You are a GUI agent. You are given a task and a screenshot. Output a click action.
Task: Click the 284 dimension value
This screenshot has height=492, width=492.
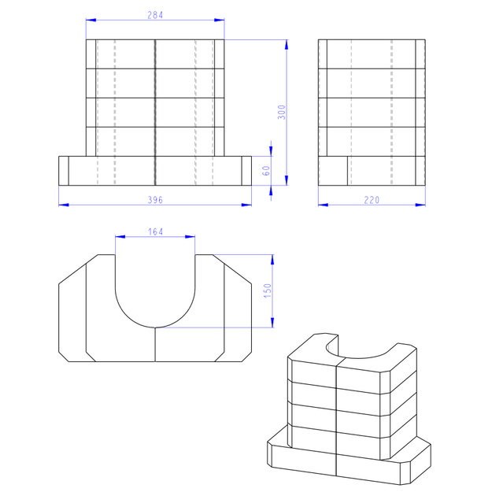(155, 15)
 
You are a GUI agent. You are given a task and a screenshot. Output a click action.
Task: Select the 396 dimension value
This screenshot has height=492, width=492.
(155, 200)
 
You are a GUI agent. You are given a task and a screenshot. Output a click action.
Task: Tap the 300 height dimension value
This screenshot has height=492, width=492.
(282, 113)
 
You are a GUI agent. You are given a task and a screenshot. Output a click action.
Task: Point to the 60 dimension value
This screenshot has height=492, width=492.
(266, 171)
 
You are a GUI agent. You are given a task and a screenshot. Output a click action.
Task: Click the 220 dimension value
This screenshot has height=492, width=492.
(372, 200)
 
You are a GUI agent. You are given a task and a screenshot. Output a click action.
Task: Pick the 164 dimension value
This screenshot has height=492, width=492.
(155, 232)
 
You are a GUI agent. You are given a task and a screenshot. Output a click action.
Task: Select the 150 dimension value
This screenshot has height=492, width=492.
(268, 290)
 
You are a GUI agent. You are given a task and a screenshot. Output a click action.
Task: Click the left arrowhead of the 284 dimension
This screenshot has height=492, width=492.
(91, 20)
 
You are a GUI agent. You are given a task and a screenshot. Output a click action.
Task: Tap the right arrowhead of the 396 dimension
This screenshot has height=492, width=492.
(246, 205)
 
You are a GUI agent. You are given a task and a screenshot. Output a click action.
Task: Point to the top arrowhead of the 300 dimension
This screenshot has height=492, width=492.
(287, 45)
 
